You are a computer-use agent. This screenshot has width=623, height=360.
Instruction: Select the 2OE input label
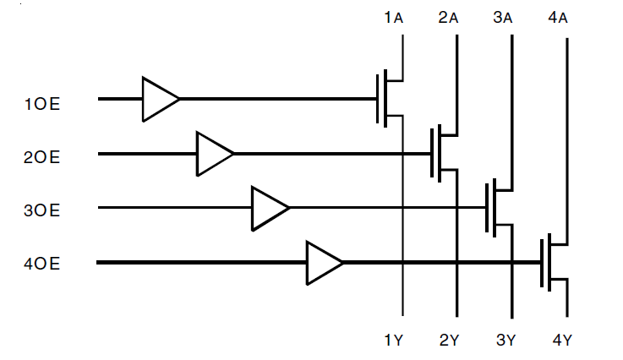42,157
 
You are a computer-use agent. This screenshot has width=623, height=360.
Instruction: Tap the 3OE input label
42,210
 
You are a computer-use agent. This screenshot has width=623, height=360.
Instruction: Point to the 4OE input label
42,264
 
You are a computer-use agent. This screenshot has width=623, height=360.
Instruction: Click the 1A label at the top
393,18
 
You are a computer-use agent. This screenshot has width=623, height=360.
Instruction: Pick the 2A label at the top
448,18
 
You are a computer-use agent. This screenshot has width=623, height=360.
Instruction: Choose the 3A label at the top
503,18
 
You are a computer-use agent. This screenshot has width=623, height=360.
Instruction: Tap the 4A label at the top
558,18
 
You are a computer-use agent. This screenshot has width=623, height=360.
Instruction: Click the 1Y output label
393,341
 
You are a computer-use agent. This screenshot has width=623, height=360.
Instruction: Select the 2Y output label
449,341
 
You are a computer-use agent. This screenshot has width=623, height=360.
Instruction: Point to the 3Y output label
505,341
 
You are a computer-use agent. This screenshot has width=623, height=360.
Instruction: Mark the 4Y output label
562,341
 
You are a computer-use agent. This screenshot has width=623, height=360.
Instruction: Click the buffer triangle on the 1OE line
159,99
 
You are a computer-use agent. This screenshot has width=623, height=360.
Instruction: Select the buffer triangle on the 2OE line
214,154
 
